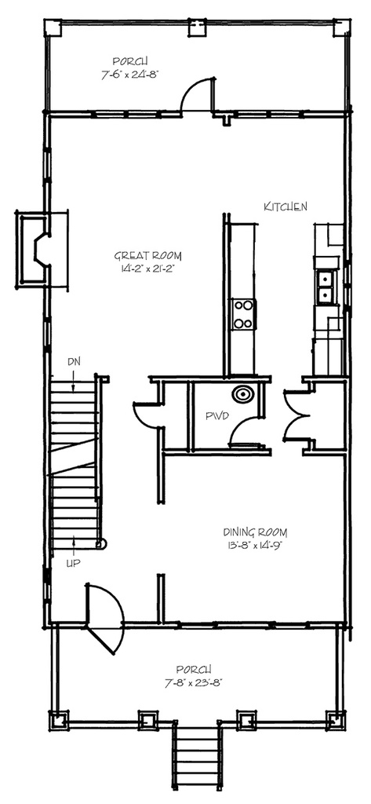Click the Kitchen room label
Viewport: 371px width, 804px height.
pos(285,206)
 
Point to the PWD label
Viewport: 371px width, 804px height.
pos(216,415)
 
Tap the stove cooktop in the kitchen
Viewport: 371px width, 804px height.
pos(243,314)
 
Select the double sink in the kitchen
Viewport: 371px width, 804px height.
pos(323,287)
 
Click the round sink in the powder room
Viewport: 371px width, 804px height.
pos(242,395)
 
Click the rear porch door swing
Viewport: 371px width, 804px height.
pos(197,96)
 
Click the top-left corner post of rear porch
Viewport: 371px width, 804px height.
pos(53,27)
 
